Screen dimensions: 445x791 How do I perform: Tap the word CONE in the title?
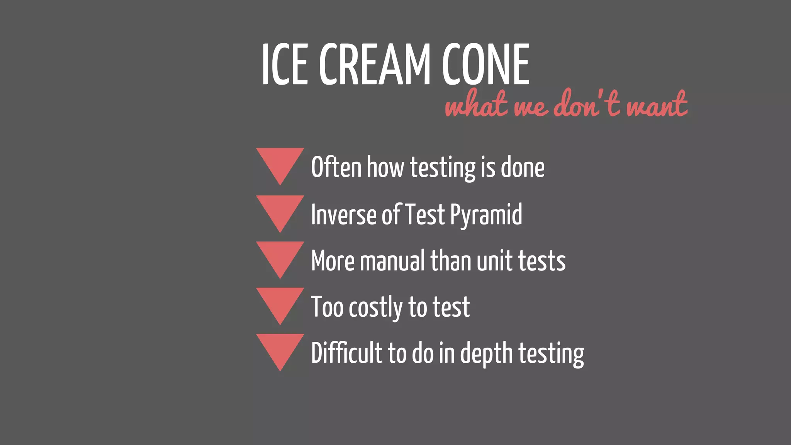[485, 64]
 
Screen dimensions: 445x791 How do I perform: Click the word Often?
[336, 167]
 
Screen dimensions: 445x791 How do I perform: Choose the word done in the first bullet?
[523, 167]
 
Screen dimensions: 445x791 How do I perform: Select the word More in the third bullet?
[333, 261]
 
